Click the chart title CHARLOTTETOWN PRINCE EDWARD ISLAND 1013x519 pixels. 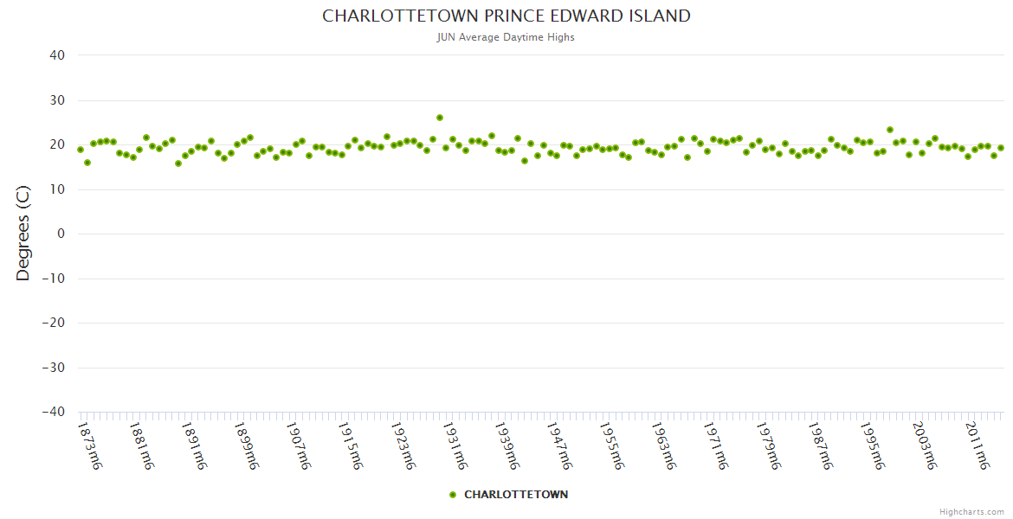pos(506,16)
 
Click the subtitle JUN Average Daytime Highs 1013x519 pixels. pos(506,37)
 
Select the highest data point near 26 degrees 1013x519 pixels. pos(440,118)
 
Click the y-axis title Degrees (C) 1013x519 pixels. pos(23,234)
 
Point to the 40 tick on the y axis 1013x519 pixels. pos(57,55)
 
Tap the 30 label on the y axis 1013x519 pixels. pos(57,100)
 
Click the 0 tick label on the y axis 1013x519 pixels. pos(61,234)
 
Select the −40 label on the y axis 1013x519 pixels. pos(54,412)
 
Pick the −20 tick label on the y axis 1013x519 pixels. pos(54,323)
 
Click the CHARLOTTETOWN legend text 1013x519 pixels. pos(516,495)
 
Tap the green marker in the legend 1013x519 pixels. pos(453,495)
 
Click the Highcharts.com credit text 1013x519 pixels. pos(971,512)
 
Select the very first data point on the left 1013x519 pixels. pos(81,150)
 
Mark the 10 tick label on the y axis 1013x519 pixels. pos(57,189)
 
